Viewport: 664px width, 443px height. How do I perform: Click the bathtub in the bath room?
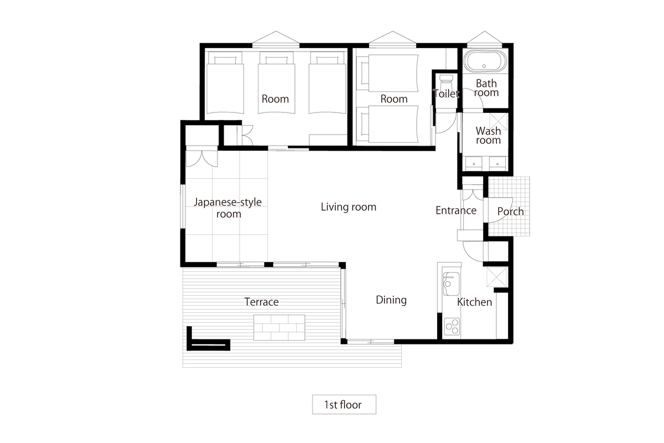point(485,61)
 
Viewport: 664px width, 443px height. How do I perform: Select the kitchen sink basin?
point(451,284)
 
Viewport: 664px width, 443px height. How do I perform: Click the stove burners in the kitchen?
point(452,327)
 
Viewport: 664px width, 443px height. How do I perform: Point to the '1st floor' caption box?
point(344,404)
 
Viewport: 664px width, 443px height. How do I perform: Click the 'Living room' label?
point(349,207)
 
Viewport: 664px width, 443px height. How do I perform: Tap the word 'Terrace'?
point(261,302)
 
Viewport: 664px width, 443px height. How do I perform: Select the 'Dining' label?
point(391,300)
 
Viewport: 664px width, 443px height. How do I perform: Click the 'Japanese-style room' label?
point(227,208)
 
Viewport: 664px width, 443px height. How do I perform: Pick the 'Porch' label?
point(510,212)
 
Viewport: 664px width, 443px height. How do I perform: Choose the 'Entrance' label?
point(456,210)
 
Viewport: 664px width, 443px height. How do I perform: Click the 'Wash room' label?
point(488,135)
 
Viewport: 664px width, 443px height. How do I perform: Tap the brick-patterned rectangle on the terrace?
point(279,328)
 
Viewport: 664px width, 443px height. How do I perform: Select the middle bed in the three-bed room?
point(277,83)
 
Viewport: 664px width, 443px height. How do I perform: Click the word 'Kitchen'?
point(474,302)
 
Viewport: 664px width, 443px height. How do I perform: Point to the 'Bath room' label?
point(486,88)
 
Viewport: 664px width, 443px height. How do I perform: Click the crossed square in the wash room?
point(499,122)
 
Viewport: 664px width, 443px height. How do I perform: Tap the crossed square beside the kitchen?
point(497,277)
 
